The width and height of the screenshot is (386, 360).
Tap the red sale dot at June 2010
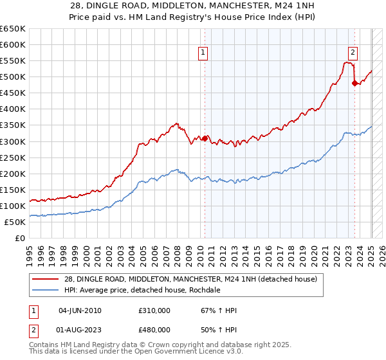click(x=205, y=138)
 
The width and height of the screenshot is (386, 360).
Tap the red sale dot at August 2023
click(x=354, y=83)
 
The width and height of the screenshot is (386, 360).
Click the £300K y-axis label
click(x=13, y=141)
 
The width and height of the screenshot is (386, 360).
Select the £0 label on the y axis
click(x=20, y=238)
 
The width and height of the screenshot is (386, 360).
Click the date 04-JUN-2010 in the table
click(x=80, y=310)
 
